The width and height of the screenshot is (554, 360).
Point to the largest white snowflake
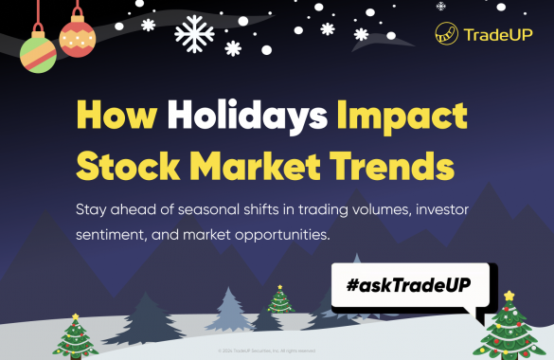(x=195, y=34)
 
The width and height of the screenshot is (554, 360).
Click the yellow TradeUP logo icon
(x=445, y=35)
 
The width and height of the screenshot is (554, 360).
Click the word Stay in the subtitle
(x=93, y=207)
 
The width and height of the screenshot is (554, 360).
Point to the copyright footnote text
(x=267, y=351)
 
